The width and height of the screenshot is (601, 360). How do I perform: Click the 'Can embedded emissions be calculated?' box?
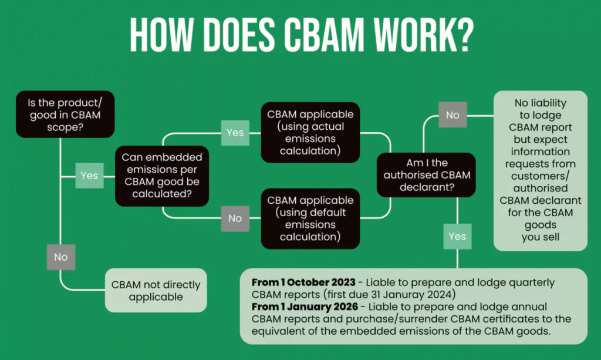pos(162,176)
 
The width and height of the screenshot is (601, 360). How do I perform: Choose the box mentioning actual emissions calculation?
pos(310,133)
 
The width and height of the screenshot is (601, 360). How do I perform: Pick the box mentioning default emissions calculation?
pos(310,218)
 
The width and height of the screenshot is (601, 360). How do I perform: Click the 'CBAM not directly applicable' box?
pos(156,291)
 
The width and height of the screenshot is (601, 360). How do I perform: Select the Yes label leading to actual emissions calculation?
pos(235,133)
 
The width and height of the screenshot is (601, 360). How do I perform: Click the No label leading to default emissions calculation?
pos(235,218)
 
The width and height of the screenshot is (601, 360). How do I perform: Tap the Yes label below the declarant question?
pos(457,237)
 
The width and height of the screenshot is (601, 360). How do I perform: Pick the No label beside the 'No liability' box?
pos(453,115)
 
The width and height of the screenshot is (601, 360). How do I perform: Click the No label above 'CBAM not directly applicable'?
pos(60,257)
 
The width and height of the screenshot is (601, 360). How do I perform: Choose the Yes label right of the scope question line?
pos(89,176)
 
